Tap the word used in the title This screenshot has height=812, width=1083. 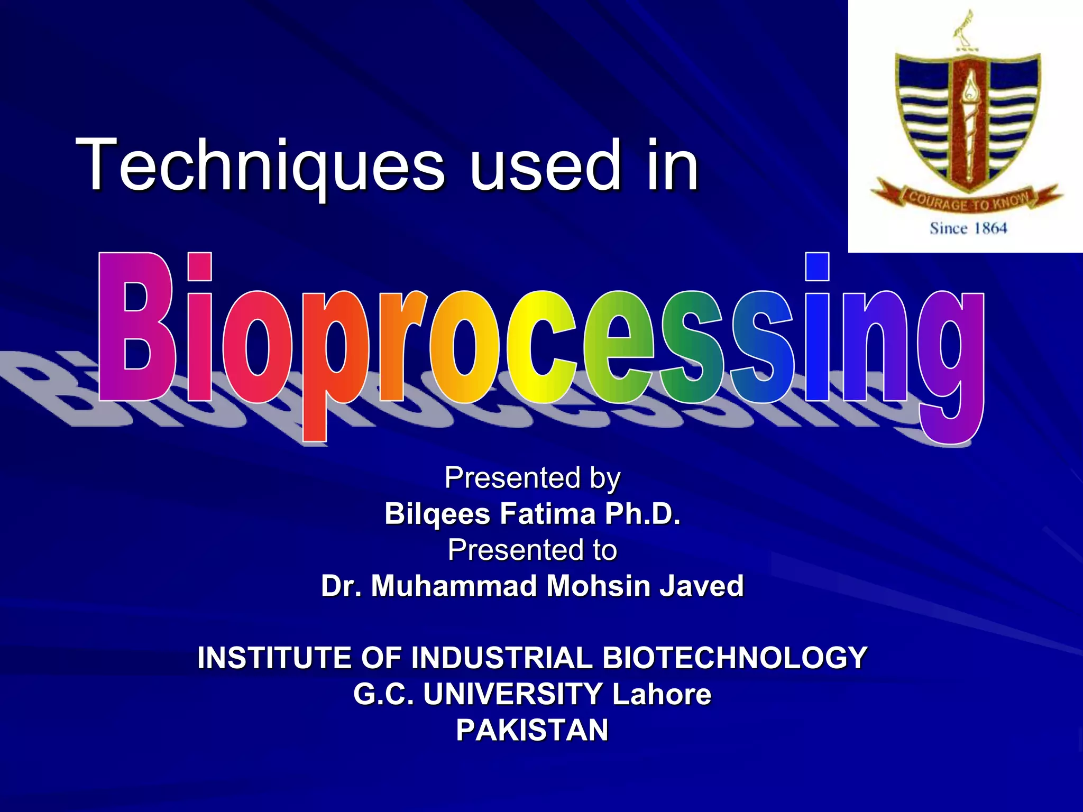545,165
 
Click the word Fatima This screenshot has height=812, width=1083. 547,514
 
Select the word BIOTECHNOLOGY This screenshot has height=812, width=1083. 735,658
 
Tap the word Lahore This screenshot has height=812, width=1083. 661,694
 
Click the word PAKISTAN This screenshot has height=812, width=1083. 532,730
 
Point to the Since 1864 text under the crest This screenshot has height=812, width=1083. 968,228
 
